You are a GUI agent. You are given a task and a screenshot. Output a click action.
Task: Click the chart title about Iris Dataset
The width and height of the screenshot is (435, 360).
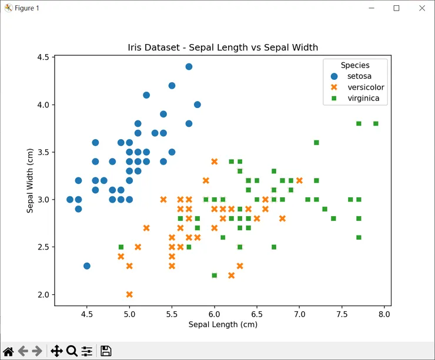[x=223, y=47]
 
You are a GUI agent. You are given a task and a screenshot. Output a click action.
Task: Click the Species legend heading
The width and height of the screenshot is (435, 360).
[x=355, y=65]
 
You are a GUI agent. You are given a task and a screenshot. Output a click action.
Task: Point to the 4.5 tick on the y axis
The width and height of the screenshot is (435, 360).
[x=42, y=58]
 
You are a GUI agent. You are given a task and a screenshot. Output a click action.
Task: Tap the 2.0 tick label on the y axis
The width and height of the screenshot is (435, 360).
[x=42, y=295]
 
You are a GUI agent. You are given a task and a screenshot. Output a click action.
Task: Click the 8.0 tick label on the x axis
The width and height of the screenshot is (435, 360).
[x=385, y=315]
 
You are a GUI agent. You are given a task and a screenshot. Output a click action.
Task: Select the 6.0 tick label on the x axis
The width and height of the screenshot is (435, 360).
[x=214, y=315]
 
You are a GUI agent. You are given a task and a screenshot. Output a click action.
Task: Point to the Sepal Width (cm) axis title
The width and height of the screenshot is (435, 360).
[x=30, y=181]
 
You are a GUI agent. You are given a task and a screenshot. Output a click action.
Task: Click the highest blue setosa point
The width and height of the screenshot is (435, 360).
[x=189, y=66]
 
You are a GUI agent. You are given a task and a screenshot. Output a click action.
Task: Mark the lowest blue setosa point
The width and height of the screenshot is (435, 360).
[x=87, y=266]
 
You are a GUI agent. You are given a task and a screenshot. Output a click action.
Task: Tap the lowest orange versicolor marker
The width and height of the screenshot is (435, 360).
[x=129, y=294]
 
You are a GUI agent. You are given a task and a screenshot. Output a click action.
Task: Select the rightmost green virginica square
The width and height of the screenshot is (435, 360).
[x=376, y=123]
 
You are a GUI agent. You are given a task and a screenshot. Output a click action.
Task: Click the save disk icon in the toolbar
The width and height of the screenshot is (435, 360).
[x=106, y=351]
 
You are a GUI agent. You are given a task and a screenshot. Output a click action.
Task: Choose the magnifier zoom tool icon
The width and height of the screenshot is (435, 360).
[x=72, y=351]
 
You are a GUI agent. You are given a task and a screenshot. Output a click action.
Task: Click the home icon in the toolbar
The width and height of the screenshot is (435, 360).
[x=8, y=351]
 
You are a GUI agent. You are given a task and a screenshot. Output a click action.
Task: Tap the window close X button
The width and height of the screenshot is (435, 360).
[x=421, y=8]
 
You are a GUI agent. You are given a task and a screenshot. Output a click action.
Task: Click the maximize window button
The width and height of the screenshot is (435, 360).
[x=396, y=8]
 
